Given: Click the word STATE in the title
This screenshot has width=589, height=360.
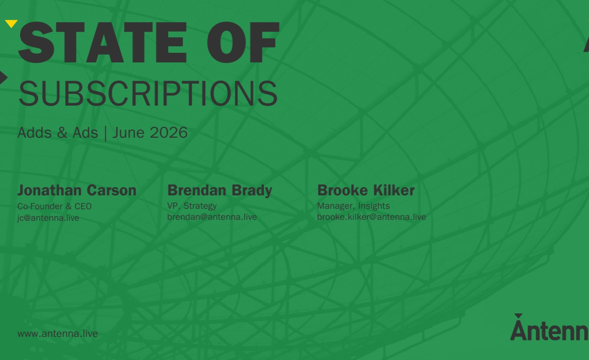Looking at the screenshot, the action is point(103,43).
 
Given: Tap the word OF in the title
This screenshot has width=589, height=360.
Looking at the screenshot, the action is point(243,43).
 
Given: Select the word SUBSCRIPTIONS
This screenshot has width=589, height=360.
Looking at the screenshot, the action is point(148,94).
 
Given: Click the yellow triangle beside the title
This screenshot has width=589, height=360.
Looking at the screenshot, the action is point(12,24).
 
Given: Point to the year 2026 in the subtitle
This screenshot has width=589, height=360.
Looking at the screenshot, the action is point(168,132).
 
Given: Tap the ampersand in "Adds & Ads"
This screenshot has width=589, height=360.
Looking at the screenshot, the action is point(62,132).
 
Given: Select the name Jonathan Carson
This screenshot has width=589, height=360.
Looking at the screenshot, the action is point(77,190).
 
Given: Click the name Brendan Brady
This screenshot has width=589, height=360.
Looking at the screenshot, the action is point(220,190).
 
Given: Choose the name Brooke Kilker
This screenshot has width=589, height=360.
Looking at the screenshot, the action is point(366,190).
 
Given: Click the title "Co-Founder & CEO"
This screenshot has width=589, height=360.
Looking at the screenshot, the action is point(54,206).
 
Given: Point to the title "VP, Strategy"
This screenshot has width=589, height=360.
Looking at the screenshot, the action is point(192,206).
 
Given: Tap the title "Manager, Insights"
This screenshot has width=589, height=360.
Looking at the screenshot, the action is point(353,206).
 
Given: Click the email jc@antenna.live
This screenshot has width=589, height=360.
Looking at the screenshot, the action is point(48,218).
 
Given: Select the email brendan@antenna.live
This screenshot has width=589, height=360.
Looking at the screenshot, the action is point(212,217).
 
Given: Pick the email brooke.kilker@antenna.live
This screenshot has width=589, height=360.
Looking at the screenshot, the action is point(372,217).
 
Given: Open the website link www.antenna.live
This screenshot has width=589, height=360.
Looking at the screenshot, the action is point(58,334).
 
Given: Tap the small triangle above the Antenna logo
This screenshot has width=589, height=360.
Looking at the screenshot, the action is point(518,316).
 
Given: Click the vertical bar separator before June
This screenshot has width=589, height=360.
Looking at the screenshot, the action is point(106,133).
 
